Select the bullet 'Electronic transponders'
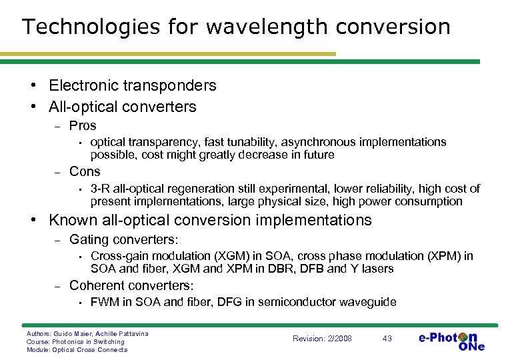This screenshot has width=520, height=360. (133, 85)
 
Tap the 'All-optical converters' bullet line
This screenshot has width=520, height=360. (123, 107)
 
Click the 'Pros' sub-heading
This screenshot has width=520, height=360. (83, 126)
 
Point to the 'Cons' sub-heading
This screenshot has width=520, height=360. (85, 171)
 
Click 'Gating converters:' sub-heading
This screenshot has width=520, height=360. (124, 239)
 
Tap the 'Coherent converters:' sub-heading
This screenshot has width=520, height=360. (131, 285)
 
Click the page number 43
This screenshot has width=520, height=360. (387, 339)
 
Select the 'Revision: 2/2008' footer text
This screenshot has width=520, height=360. (322, 339)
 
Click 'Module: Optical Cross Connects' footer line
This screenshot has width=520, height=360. (77, 349)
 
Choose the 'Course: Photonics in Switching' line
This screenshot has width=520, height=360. (75, 341)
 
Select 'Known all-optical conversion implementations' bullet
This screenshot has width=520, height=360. (210, 220)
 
